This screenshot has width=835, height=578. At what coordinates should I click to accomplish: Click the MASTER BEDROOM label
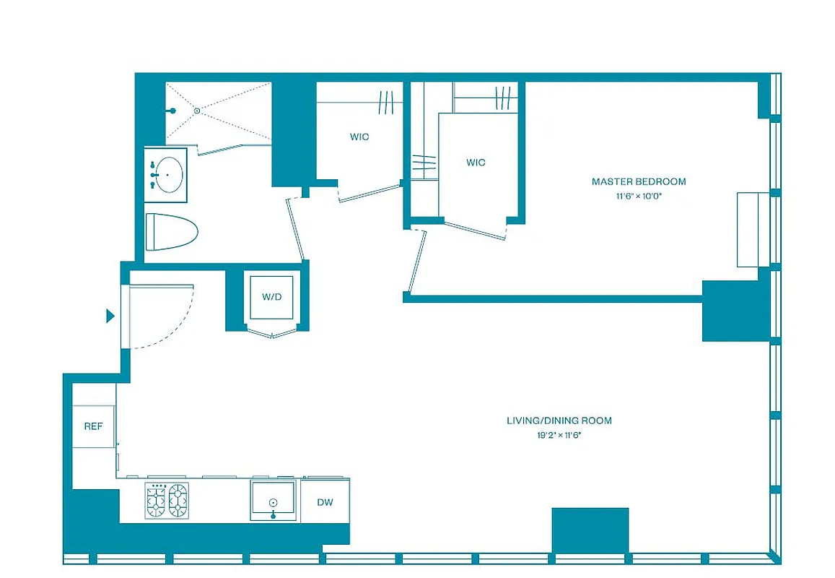pos(639,181)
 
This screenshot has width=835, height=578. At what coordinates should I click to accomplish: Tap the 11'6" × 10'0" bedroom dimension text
pos(639,196)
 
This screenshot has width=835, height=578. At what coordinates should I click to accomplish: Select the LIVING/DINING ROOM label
pos(559,420)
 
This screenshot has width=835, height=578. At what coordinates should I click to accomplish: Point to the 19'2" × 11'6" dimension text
pos(559,435)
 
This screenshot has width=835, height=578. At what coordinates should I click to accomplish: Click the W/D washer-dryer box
pos(271,297)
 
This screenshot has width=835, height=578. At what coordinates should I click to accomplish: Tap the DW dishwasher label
pos(325,502)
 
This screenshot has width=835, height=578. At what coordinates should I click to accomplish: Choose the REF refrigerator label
pos(93,426)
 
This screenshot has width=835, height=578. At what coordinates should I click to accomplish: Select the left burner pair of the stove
pos(157,501)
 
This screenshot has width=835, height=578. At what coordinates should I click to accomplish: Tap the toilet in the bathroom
pos(172,231)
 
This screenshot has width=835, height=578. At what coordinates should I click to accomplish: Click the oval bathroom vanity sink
pos(169,175)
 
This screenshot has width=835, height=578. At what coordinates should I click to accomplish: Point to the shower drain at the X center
pos(196,111)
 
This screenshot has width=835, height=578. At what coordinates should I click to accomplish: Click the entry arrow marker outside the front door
pos(110,316)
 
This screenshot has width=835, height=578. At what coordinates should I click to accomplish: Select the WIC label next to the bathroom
pos(359,137)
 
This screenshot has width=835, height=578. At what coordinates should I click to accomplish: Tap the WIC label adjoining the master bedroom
pos(476,163)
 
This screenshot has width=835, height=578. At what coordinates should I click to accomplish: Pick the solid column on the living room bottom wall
pos(590,530)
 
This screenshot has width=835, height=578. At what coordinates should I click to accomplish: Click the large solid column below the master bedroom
pos(735,311)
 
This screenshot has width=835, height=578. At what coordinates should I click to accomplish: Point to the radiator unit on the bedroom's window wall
pos(748,230)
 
